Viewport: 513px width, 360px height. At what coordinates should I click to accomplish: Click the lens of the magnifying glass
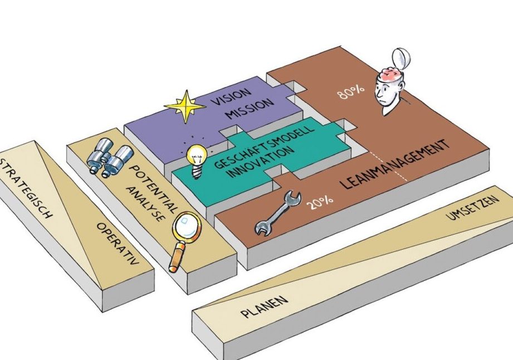coord(186,228)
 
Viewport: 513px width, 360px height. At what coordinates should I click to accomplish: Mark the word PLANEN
coord(265,308)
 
